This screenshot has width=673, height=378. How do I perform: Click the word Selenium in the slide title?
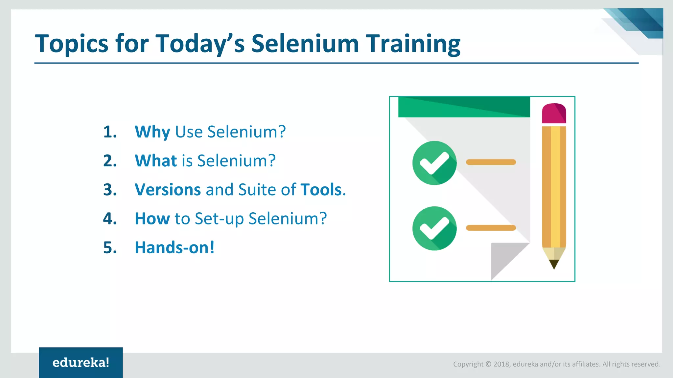coord(305,43)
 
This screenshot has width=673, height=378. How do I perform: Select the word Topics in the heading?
coord(71,44)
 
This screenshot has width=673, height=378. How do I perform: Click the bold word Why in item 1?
coord(152,132)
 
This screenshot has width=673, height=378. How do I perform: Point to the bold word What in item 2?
coord(156,161)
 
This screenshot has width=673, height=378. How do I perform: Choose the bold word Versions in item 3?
coord(168,190)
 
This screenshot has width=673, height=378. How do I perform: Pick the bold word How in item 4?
coord(152,219)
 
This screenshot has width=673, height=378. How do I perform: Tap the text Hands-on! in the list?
coord(174,247)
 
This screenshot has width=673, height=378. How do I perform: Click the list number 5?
coord(110,247)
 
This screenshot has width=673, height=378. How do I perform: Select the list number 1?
coord(110,132)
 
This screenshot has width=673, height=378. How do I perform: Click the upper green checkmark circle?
coord(434,163)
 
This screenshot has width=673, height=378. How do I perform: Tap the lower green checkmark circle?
coord(434,228)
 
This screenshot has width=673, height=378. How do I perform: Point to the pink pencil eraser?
coord(554,114)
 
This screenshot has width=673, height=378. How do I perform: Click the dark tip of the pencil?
coord(554,264)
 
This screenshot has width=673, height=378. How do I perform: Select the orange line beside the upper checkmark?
coord(491,162)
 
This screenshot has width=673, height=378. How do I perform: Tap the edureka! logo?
coord(81,363)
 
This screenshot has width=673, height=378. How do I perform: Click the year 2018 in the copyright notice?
coord(501,364)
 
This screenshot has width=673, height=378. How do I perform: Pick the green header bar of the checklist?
coord(464,107)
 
